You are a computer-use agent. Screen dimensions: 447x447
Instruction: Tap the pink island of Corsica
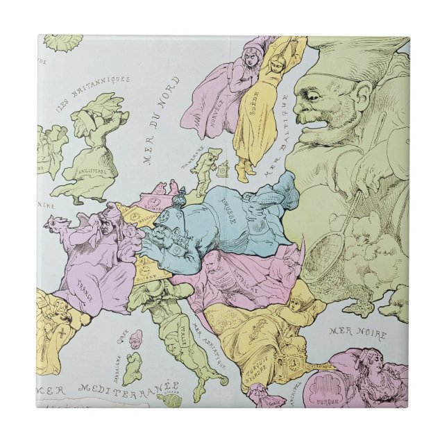pos(137,337)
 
